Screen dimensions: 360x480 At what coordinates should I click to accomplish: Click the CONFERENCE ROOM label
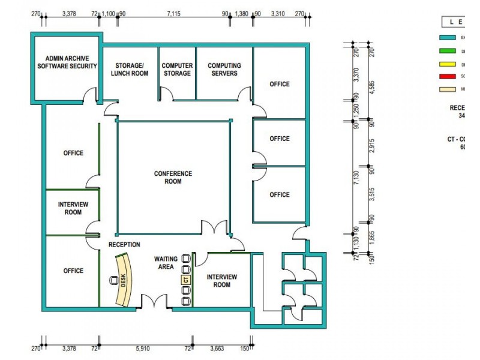point(173,178)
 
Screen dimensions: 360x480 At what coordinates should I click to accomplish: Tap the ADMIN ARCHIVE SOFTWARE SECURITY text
point(67,62)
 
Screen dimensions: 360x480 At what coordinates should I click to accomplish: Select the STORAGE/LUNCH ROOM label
point(129,70)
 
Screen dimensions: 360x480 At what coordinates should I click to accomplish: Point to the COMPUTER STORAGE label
point(177,70)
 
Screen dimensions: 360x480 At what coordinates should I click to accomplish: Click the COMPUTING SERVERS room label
point(224,70)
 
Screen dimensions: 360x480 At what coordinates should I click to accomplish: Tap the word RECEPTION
point(124,245)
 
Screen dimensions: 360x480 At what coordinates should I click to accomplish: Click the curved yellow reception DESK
point(124,279)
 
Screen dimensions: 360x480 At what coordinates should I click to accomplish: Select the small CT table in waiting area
point(186,279)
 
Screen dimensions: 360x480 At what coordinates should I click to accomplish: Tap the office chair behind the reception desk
point(112,280)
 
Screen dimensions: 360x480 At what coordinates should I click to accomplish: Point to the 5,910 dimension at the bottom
point(143,347)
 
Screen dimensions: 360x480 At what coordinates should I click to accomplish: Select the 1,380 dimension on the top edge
point(241,13)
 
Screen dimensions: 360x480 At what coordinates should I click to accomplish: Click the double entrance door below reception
point(155,303)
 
